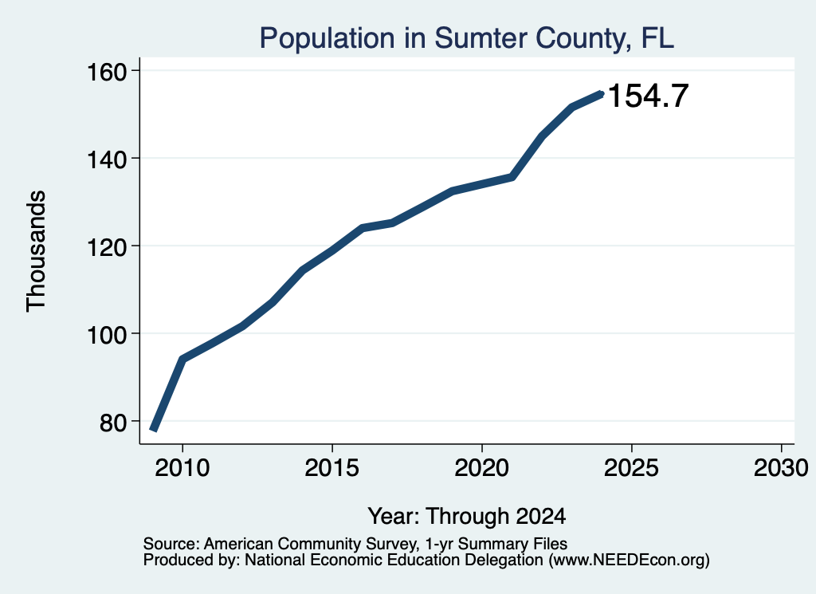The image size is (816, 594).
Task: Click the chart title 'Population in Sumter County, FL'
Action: (466, 38)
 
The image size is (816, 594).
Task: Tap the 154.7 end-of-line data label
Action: (648, 96)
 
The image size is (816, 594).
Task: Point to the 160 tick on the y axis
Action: (107, 72)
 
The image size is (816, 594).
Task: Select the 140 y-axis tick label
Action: (107, 159)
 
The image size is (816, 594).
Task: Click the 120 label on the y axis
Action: (107, 247)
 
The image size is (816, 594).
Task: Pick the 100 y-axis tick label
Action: (107, 335)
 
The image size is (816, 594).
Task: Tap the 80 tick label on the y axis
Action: (113, 423)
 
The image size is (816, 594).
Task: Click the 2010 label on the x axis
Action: (182, 468)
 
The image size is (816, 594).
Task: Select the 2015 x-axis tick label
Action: (332, 468)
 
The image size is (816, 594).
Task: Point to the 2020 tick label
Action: (482, 468)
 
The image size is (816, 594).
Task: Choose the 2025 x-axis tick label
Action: (631, 468)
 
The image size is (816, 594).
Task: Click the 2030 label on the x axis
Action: (781, 468)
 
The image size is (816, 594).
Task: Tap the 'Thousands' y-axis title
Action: (36, 251)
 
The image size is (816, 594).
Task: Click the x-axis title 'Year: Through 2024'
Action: (467, 517)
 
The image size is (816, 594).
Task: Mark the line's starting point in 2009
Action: (154, 429)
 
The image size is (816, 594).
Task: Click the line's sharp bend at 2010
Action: (182, 360)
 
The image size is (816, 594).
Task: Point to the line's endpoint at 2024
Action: (601, 94)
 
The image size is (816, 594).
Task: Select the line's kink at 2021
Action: (512, 178)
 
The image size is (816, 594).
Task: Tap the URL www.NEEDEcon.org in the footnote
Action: (629, 561)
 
